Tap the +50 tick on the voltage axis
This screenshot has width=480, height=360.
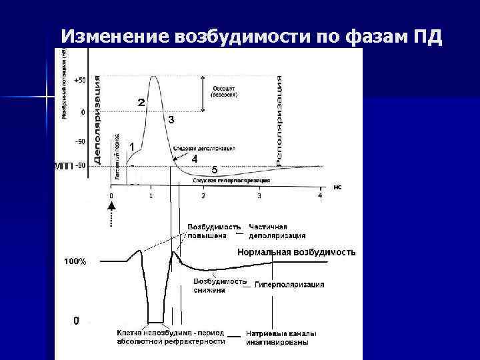click(x=79, y=80)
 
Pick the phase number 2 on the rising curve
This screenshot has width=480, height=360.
click(x=141, y=103)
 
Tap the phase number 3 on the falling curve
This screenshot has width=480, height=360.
click(x=171, y=120)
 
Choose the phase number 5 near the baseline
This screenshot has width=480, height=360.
click(x=214, y=170)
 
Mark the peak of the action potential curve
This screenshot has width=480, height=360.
click(x=154, y=77)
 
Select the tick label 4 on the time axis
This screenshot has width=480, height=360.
click(x=319, y=195)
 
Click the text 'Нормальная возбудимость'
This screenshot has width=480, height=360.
click(x=297, y=253)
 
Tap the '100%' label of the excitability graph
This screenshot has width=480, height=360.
click(x=75, y=262)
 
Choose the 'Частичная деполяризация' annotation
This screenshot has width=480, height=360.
click(x=277, y=230)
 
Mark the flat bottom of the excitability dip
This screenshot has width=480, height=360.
click(x=156, y=321)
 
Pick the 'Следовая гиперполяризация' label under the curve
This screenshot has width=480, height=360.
click(x=231, y=180)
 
